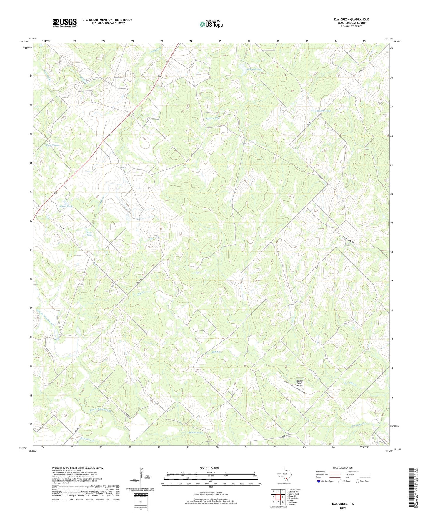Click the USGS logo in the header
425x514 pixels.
[x=65, y=23]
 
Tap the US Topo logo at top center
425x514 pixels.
[x=211, y=24]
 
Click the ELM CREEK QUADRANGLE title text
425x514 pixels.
[x=351, y=19]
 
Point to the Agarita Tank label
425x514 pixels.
[x=212, y=118]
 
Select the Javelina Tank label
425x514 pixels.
[x=323, y=111]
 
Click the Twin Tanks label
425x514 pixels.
[x=52, y=145]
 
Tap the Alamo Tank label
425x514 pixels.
[x=66, y=207]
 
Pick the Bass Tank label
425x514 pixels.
[x=89, y=234]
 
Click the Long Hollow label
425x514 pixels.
[x=348, y=240]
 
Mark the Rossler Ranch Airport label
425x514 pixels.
[x=299, y=383]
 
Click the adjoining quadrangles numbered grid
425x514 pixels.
[x=278, y=498]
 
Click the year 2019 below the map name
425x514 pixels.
[x=342, y=508]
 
